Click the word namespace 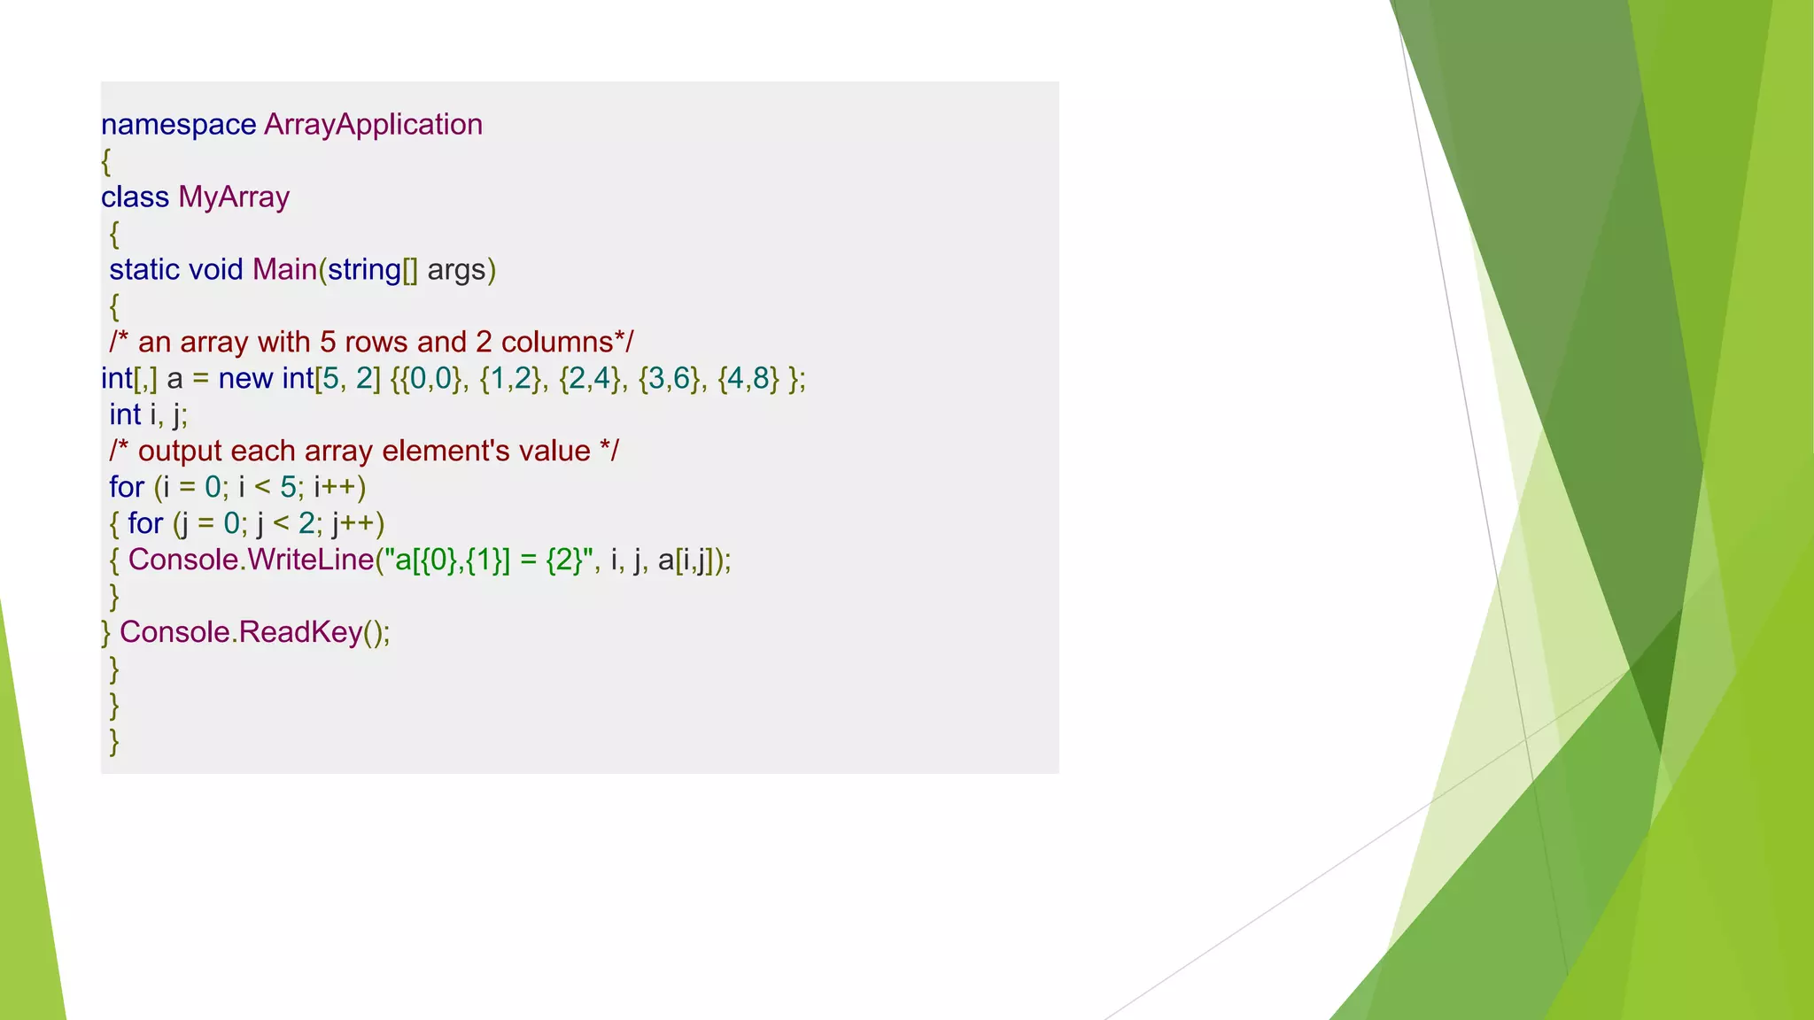(x=178, y=125)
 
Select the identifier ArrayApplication (x=373, y=125)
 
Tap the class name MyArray (x=234, y=197)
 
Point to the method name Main (x=284, y=269)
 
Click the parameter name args (x=456, y=269)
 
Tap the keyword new (x=245, y=378)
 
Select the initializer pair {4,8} (x=748, y=378)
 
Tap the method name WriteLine (x=310, y=560)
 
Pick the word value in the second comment (x=554, y=451)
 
